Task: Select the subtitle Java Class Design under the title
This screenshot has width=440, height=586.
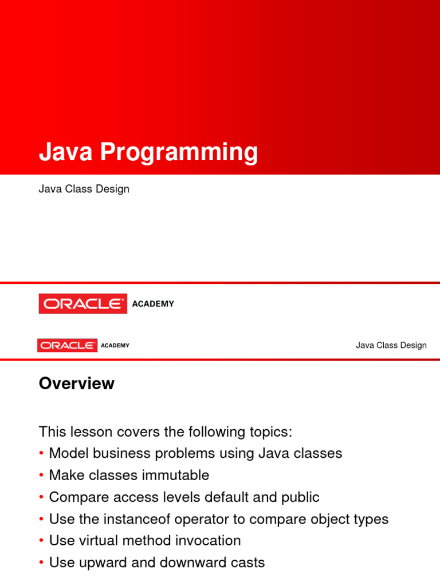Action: [x=84, y=189]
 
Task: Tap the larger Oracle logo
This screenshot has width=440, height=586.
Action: [x=83, y=304]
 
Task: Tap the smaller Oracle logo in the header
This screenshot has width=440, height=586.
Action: [x=67, y=345]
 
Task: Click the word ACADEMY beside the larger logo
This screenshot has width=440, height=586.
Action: [x=153, y=304]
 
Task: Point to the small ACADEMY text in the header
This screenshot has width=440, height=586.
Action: [x=115, y=346]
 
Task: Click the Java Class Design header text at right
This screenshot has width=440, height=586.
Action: [x=391, y=345]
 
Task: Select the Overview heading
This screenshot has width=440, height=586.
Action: [x=76, y=383]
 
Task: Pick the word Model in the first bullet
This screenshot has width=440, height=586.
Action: [x=68, y=453]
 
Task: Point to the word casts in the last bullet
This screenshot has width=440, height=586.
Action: [x=248, y=563]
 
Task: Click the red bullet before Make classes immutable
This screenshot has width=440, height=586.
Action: [x=42, y=476]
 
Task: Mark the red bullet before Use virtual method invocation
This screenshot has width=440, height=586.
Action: [x=42, y=541]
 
